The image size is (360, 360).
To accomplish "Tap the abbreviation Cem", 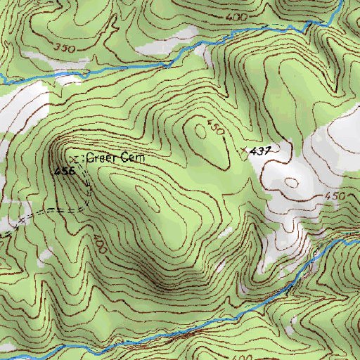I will coord(134,159).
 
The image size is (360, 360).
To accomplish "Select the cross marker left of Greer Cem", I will coord(76,159).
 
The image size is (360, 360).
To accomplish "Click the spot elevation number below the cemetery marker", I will coord(65,171).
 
